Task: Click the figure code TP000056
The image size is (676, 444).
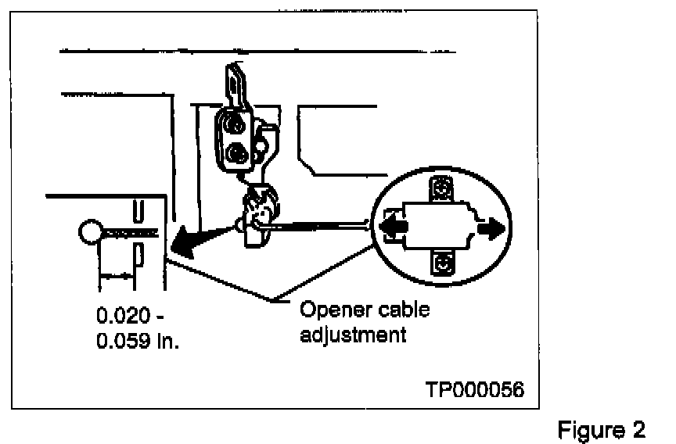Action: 474,389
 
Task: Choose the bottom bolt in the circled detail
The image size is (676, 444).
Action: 443,263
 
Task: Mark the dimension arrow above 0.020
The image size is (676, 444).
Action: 117,275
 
